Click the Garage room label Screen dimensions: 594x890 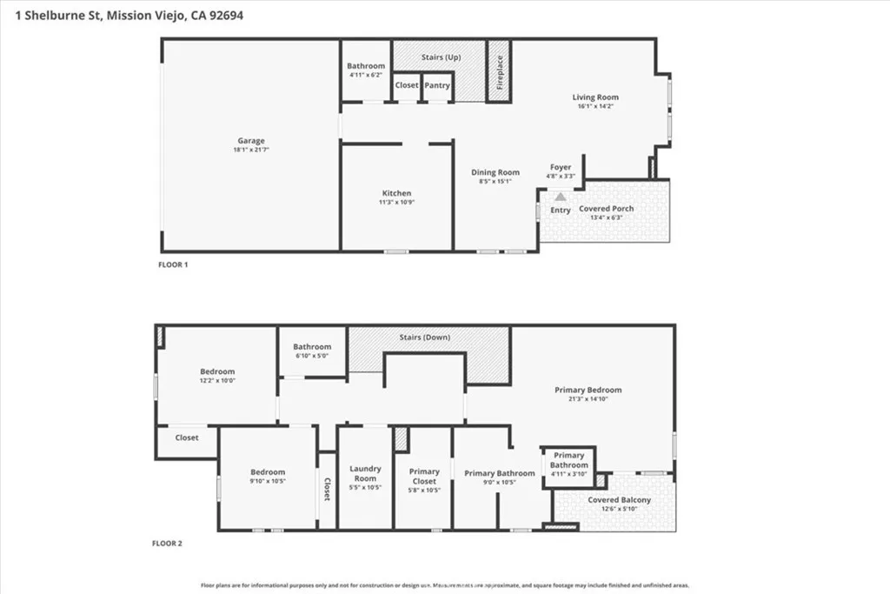251,141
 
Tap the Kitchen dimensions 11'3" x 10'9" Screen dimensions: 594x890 396,203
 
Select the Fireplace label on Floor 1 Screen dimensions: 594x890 500,73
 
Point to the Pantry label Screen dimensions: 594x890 437,85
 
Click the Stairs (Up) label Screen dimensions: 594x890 441,57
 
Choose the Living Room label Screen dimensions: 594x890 595,97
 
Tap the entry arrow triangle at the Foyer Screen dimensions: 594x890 561,198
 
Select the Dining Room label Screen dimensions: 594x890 495,172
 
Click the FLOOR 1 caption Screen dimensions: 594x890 173,264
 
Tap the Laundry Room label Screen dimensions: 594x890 365,474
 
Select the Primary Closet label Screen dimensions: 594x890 424,476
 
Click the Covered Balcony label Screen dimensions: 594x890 619,500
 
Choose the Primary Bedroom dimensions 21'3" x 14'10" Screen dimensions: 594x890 588,400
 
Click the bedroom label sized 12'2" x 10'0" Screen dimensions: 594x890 217,371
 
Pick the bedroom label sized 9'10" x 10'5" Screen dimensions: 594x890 267,475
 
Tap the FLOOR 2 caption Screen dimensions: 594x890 168,543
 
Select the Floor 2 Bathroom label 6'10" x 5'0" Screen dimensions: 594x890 311,346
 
